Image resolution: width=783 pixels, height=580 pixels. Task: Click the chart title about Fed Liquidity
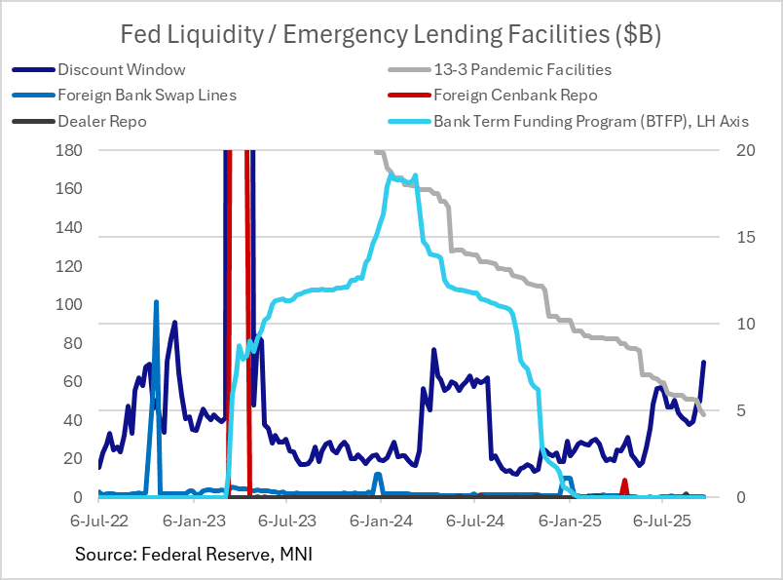point(391,35)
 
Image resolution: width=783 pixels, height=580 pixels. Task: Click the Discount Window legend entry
point(121,69)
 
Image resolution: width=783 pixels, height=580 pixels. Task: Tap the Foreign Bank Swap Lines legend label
point(147,96)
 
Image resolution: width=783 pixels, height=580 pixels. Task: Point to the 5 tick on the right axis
point(733,410)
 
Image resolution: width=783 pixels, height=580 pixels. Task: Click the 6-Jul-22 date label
point(99,522)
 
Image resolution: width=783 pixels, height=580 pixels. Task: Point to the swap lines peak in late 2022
point(156,303)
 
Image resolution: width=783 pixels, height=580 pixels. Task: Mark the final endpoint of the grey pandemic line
point(703,415)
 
